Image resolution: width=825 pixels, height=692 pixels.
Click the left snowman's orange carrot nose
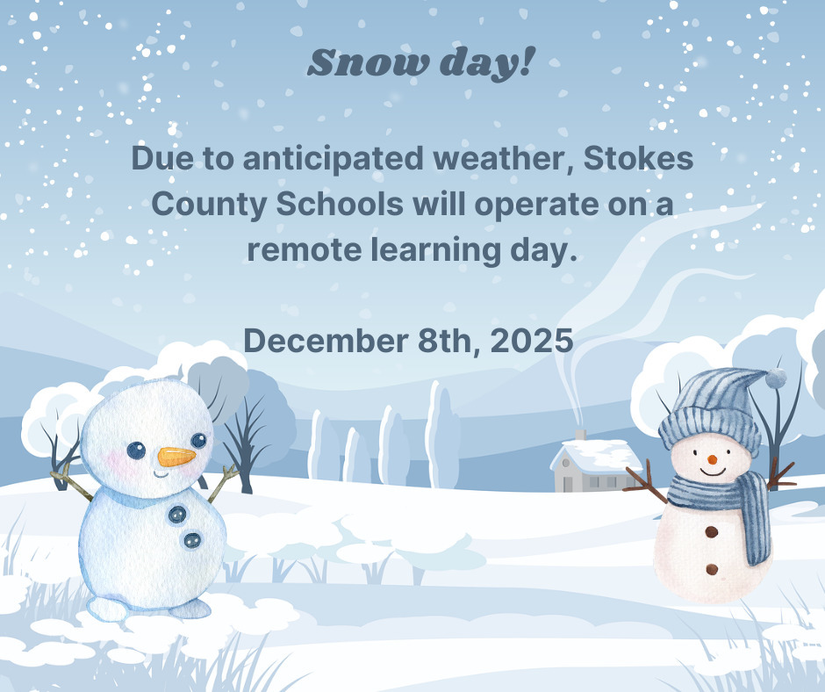(x=176, y=457)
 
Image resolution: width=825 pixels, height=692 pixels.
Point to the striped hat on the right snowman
(x=710, y=408)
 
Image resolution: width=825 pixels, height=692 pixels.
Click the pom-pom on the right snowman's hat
(x=775, y=378)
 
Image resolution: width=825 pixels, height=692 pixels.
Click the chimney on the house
(x=580, y=436)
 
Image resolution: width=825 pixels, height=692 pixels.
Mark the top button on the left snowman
(x=178, y=515)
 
